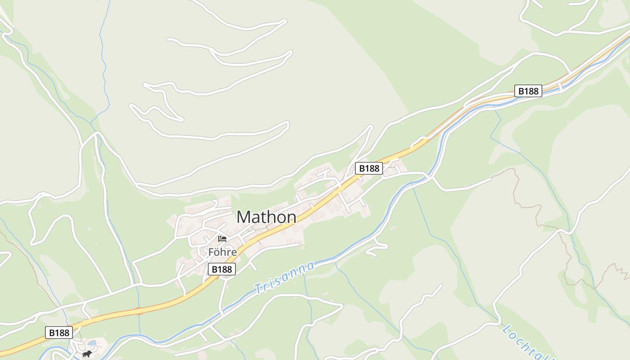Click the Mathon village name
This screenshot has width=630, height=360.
pos(266,217)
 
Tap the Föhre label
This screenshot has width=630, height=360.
pos(222,252)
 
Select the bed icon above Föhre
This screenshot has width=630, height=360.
pos(222,238)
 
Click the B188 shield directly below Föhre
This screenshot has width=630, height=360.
pos(222,269)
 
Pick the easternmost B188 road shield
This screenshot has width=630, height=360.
pos(528,91)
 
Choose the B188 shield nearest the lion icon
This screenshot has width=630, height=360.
pos(59,333)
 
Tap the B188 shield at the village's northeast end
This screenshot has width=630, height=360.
pos(369,168)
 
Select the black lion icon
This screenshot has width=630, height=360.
pos(87,354)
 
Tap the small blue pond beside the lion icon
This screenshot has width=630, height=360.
pos(92,343)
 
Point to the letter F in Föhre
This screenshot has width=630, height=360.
pos(211,252)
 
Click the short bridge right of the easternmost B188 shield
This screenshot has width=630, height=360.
pos(560,86)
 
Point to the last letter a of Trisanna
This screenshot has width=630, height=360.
pos(310,266)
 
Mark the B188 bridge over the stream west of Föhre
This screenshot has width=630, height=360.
pos(139,310)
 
